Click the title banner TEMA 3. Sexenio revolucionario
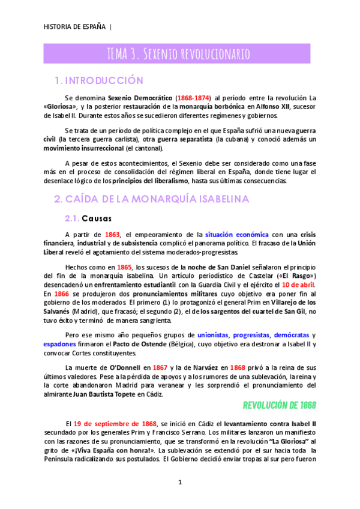pos(178,54)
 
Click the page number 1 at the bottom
pos(179,482)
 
